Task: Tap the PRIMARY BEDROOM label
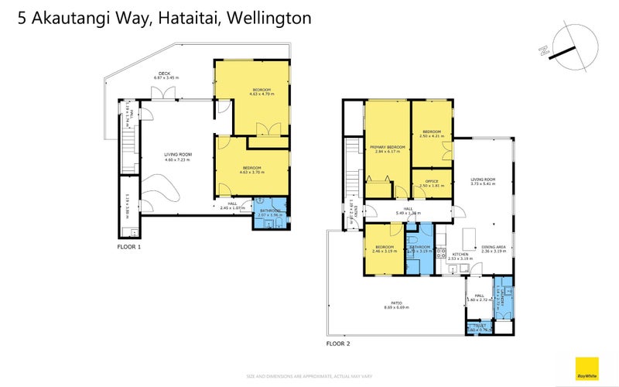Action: point(388,146)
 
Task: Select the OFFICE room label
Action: point(431,181)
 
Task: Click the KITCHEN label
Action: point(460,254)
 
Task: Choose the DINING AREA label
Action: point(494,247)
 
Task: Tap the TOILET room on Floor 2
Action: point(477,327)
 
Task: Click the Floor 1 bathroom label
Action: point(271,209)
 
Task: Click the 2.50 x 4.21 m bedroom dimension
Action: point(430,136)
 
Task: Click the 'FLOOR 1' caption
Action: point(128,247)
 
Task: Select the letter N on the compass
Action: point(543,51)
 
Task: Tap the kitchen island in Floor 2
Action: point(468,235)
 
